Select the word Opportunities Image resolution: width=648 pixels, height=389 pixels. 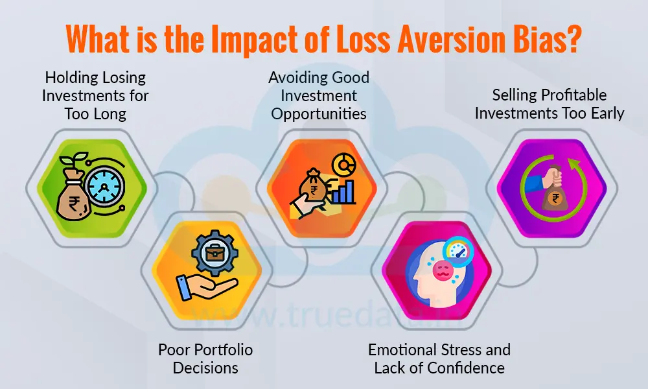319,113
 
